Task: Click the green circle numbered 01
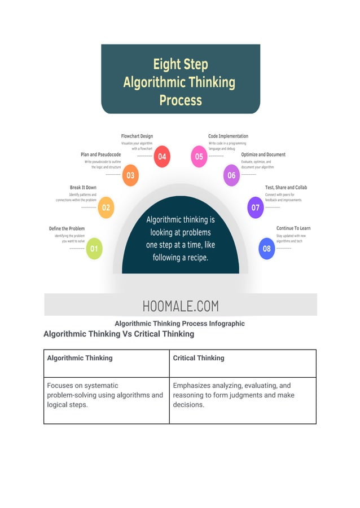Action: [94, 249]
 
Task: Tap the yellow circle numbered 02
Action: [106, 207]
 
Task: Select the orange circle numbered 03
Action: [130, 175]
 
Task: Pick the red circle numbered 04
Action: [162, 157]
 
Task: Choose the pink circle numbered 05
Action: [199, 157]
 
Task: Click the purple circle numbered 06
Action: [231, 175]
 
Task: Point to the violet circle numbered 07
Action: [256, 207]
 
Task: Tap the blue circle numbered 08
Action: [266, 249]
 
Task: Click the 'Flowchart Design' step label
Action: [137, 136]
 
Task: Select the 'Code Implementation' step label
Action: [228, 136]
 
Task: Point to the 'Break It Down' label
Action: [83, 187]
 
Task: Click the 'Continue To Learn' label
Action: [293, 228]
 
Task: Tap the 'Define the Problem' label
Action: [67, 228]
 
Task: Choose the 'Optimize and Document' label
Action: [263, 154]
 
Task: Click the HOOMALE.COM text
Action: [181, 306]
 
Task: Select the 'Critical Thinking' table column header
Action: [199, 358]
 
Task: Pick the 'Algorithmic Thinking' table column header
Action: [80, 358]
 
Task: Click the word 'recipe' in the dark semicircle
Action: [195, 257]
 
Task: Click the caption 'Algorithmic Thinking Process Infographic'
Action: [179, 324]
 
